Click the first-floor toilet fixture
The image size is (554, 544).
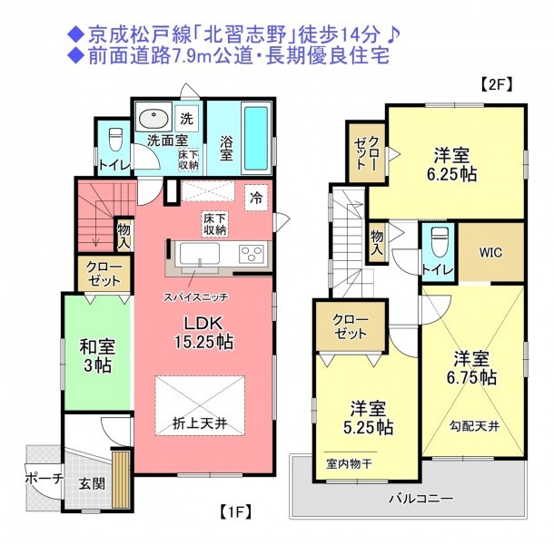(x=115, y=140)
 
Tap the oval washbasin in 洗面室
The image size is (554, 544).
(x=153, y=118)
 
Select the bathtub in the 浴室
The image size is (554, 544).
(x=256, y=138)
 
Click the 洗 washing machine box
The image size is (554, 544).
(x=187, y=119)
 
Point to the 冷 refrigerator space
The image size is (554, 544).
(x=256, y=198)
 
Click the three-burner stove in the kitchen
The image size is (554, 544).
(x=252, y=253)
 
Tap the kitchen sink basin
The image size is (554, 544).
(x=199, y=254)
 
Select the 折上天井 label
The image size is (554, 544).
(x=200, y=423)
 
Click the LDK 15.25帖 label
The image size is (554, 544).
(x=203, y=333)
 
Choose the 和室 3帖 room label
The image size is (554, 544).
(x=97, y=355)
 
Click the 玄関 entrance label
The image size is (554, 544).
(x=92, y=483)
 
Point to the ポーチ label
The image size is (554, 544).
(x=45, y=479)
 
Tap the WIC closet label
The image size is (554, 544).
(x=490, y=252)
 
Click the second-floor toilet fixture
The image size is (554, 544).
(x=440, y=241)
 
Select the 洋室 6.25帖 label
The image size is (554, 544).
(x=452, y=165)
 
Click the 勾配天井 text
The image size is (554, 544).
(x=474, y=426)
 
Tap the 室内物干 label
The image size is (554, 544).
(x=349, y=463)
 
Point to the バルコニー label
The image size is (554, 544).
(x=420, y=499)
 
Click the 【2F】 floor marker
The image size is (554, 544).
(x=497, y=84)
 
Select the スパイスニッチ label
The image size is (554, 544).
(x=195, y=297)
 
